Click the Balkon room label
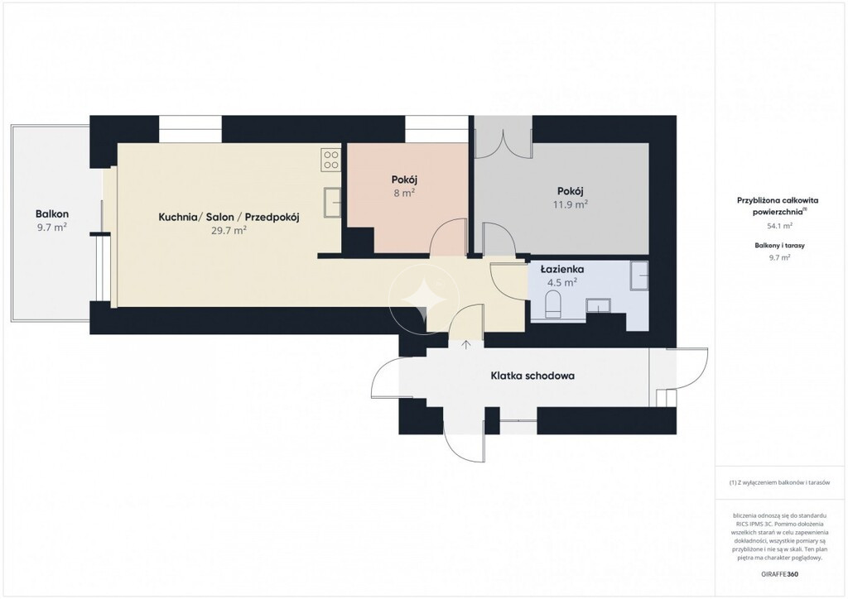[52, 214]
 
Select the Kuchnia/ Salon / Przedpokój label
[229, 217]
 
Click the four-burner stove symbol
[331, 160]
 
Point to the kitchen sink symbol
[332, 203]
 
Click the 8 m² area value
[404, 193]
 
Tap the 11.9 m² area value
[570, 204]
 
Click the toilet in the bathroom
[553, 304]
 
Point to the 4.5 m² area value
[562, 282]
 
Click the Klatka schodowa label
[532, 376]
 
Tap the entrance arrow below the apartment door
[465, 344]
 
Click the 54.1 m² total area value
[779, 226]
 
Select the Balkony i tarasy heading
[779, 245]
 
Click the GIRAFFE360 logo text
[779, 574]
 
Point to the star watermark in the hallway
[425, 299]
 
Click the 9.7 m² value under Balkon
[52, 228]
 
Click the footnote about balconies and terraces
[779, 483]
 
